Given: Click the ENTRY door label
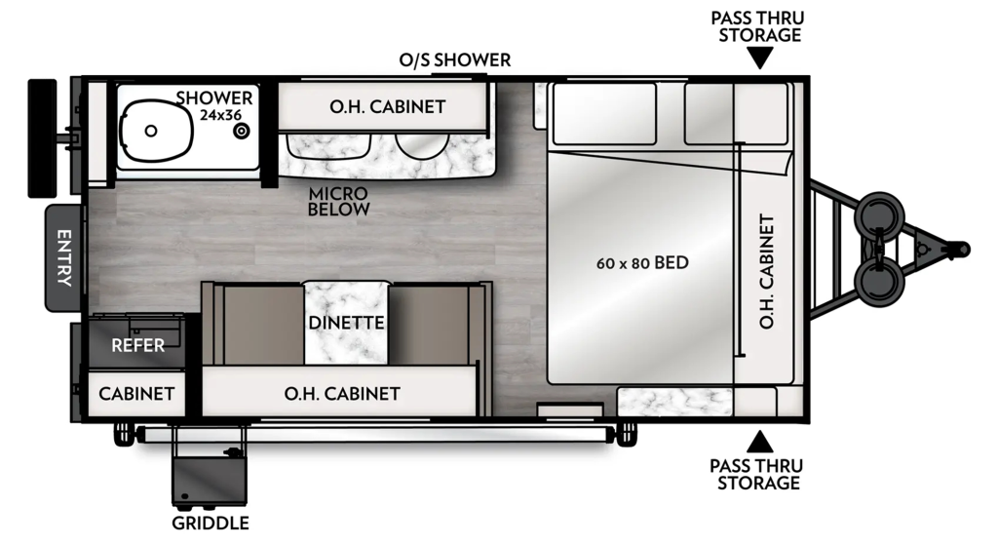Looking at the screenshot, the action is click(x=64, y=257).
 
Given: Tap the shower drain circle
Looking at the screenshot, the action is click(x=242, y=131).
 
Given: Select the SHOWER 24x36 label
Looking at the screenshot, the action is click(x=214, y=105).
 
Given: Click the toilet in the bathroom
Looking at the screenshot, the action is click(x=156, y=131).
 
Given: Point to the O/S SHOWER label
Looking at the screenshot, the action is click(x=454, y=59).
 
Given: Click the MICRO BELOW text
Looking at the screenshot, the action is click(x=338, y=201).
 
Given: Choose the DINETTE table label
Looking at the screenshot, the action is click(x=346, y=323).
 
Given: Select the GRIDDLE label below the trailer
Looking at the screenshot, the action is click(x=211, y=524).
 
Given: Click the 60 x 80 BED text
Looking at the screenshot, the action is click(x=642, y=262).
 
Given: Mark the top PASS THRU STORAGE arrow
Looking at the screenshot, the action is click(x=759, y=59).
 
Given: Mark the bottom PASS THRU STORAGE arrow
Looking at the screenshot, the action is click(x=759, y=442).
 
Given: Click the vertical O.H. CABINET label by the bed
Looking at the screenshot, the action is click(x=767, y=272).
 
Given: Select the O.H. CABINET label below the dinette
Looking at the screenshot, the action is click(x=342, y=394).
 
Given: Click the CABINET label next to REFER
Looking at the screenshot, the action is click(x=136, y=394).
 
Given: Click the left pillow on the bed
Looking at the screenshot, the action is click(x=604, y=113).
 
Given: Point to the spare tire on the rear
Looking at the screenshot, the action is click(x=42, y=138).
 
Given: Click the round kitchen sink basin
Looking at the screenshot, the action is click(x=422, y=144).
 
